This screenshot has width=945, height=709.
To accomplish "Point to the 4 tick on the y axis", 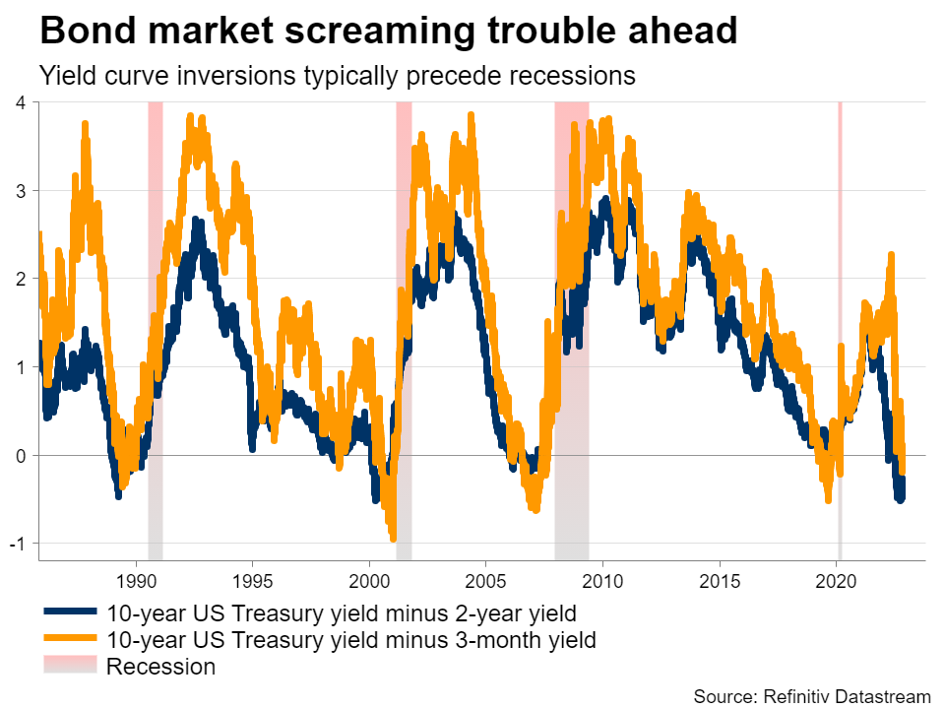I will [x=21, y=102].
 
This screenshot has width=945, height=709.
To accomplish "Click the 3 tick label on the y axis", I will [x=21, y=190].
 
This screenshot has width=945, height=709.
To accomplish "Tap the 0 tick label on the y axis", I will [x=21, y=455].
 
